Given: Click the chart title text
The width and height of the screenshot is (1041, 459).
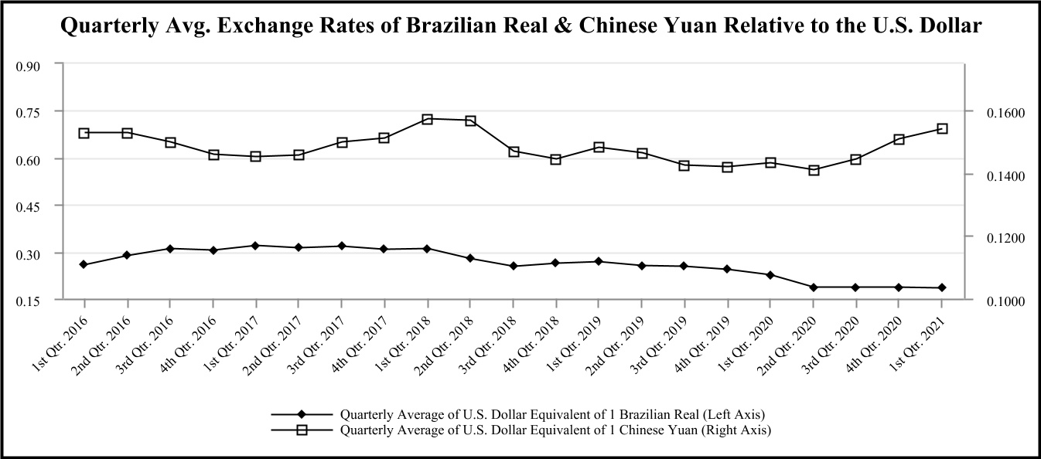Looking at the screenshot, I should point(520,26).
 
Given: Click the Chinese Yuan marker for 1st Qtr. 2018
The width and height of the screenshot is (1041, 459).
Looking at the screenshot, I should point(428,119).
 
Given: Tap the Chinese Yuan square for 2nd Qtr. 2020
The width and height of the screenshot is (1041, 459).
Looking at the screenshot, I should point(814,170).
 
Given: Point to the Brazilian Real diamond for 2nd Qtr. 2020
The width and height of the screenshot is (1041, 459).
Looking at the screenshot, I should point(814,287).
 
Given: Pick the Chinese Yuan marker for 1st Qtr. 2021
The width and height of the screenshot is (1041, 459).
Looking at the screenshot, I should point(942,128).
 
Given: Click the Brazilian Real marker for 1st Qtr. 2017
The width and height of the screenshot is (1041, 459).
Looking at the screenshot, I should point(256,246).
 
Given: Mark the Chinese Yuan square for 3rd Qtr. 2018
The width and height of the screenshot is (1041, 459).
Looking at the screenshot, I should point(514,151).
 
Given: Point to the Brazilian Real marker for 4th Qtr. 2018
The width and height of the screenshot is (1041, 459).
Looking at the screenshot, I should point(556,263).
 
